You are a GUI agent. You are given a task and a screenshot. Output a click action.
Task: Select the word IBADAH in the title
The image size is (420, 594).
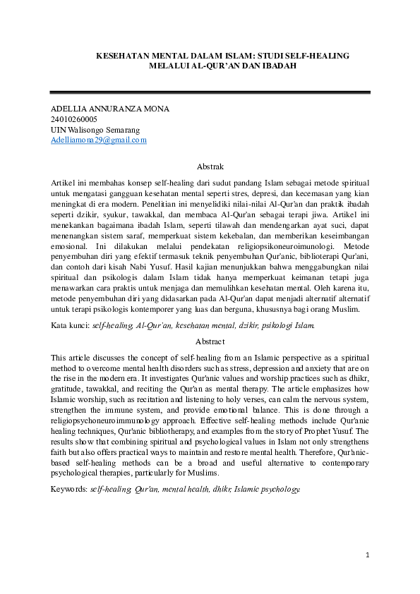tap(280, 65)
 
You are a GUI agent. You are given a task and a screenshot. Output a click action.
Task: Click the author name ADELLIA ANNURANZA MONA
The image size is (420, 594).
tap(110, 109)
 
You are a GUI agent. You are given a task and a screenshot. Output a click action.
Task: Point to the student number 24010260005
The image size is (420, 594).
tap(74, 120)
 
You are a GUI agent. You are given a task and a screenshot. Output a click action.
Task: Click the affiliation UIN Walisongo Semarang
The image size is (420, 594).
tap(95, 130)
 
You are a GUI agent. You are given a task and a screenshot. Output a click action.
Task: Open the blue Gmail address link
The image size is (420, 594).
tap(99, 140)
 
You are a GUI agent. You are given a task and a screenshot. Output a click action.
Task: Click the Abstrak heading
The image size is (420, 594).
tap(210, 167)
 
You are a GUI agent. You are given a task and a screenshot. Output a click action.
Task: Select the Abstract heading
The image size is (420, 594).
tap(210, 341)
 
